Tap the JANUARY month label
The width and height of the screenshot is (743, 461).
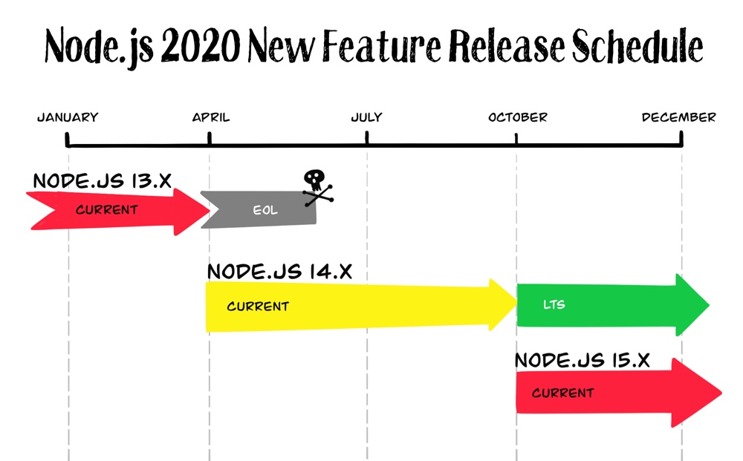click(68, 117)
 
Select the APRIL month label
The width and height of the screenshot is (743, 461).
click(211, 117)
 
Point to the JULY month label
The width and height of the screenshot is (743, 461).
click(366, 117)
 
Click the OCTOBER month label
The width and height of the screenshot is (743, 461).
click(518, 117)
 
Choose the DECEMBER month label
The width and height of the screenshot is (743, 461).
click(679, 117)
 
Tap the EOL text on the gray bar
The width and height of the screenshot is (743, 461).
click(265, 210)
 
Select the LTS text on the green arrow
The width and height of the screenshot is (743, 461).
click(554, 304)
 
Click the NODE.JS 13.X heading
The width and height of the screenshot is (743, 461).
click(103, 181)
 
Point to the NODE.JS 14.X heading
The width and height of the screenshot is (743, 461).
click(279, 272)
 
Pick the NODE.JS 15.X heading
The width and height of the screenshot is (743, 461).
click(583, 361)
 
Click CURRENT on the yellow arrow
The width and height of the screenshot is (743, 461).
click(258, 306)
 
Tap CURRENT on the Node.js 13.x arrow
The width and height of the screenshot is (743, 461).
click(106, 209)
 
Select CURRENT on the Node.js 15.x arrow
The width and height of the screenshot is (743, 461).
click(562, 393)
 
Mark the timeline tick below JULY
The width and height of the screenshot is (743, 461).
click(367, 139)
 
